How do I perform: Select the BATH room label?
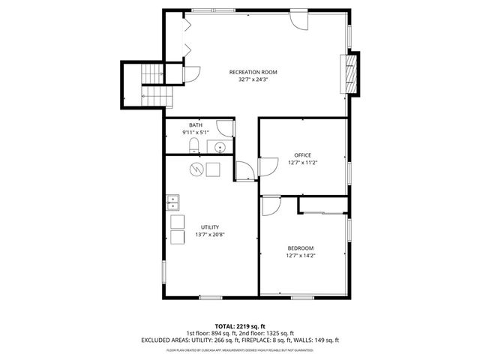(195, 125)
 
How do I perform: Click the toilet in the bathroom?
(193, 145)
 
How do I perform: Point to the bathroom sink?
(220, 146)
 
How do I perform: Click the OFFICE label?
(302, 155)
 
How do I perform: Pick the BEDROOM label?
(301, 248)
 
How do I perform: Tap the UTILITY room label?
(209, 227)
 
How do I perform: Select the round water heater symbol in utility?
(196, 169)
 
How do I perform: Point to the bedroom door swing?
(270, 205)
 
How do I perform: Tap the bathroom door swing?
(225, 129)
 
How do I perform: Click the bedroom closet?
(322, 205)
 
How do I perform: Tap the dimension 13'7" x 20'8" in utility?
(209, 235)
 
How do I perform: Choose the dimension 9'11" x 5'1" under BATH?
(195, 133)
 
